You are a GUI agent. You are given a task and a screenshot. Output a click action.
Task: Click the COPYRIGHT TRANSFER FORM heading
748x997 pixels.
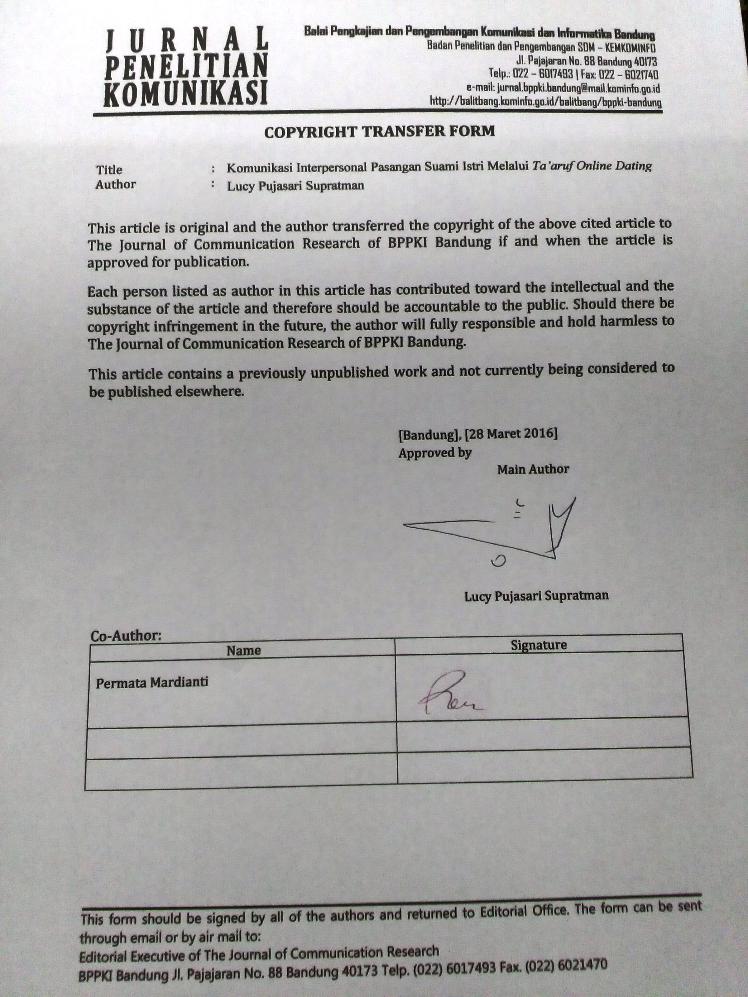tap(379, 131)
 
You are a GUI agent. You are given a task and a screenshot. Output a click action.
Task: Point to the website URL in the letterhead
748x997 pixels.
tap(545, 102)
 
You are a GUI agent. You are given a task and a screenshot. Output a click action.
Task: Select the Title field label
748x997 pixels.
tap(109, 170)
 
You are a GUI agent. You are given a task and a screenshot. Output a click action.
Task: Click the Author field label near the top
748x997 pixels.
tap(115, 184)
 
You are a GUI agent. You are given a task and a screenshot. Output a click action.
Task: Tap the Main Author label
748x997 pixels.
tap(533, 470)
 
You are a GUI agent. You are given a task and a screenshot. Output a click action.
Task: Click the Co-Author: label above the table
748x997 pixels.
tap(126, 636)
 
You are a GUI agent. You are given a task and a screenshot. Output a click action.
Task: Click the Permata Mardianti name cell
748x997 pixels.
tap(152, 682)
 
